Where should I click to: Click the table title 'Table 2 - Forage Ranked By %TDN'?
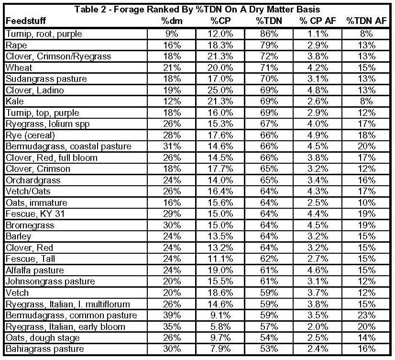pos(197,9)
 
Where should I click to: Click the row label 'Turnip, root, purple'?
pos(44,34)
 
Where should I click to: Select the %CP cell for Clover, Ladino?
pos(219,90)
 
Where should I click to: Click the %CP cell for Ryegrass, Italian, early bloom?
pos(219,326)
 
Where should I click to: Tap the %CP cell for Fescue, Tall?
pos(219,259)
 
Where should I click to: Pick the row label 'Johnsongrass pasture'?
pos(50,281)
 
